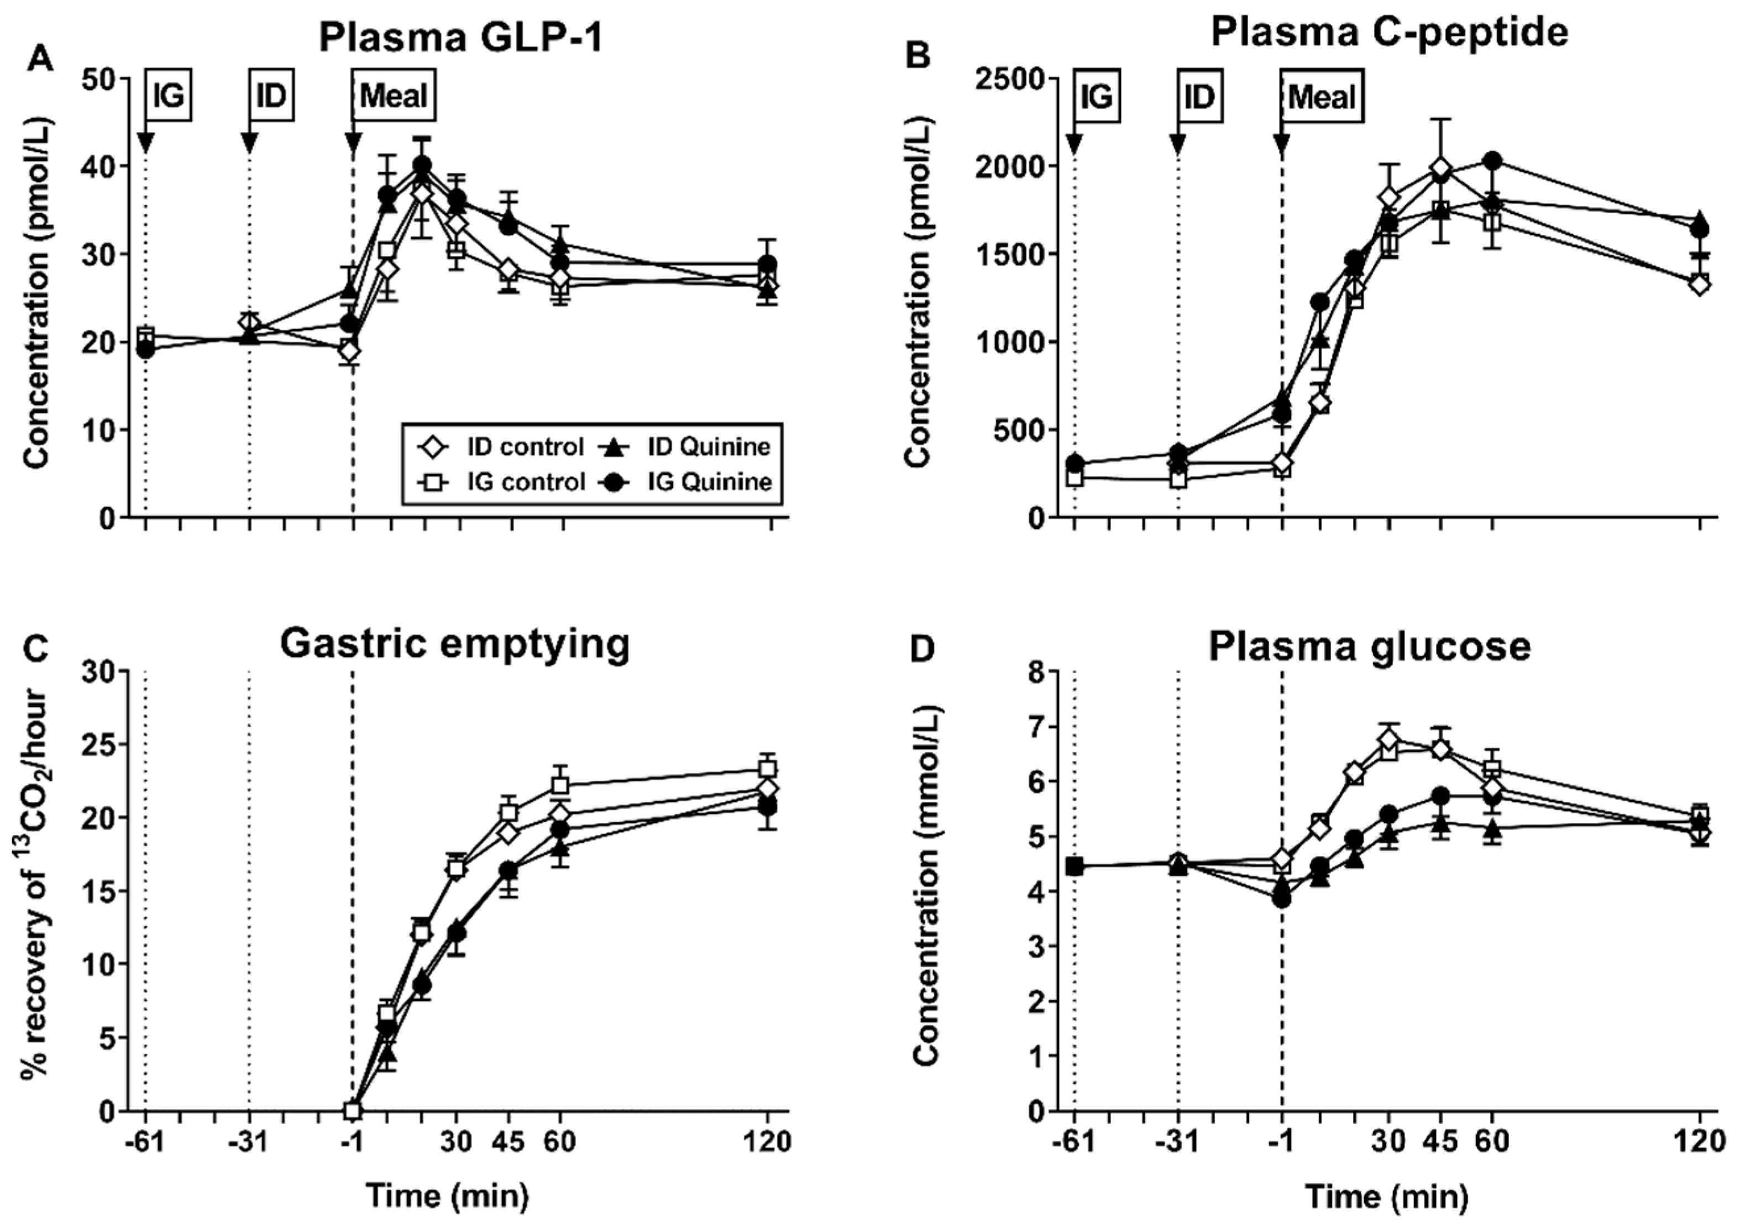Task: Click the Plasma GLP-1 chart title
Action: point(462,37)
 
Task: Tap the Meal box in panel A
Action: point(394,96)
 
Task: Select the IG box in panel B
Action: point(1097,96)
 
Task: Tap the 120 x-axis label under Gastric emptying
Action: point(767,1141)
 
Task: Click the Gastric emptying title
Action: point(455,646)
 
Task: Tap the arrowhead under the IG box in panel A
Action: point(145,143)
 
